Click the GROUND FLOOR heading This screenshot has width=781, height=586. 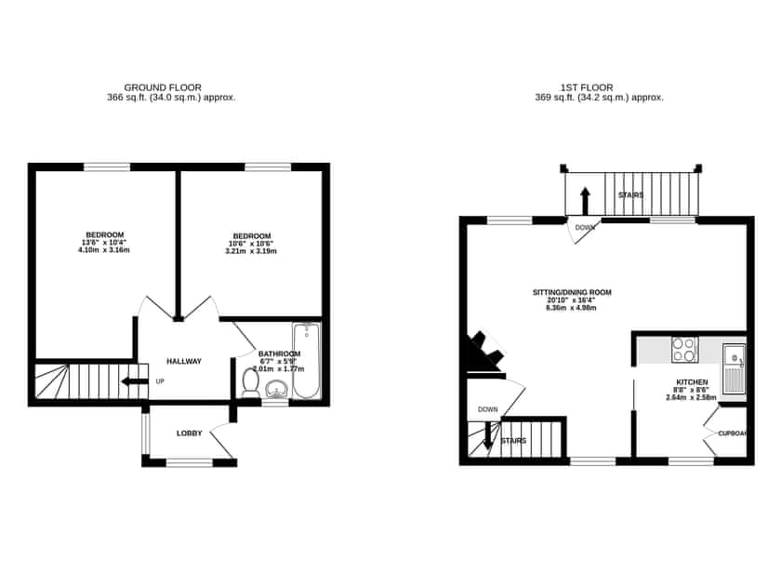[163, 87]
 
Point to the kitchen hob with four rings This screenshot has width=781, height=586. [685, 349]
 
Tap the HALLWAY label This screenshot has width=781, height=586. [184, 361]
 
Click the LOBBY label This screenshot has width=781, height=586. [190, 433]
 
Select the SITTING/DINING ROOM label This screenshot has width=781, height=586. [572, 292]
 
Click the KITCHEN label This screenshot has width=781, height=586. [692, 382]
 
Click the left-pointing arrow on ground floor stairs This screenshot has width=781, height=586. [135, 380]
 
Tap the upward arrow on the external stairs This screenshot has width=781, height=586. [585, 200]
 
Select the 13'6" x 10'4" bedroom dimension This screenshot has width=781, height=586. [104, 243]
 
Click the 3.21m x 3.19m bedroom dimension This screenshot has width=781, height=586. [252, 251]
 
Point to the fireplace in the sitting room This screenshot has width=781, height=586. [484, 353]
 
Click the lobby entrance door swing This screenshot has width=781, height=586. [222, 437]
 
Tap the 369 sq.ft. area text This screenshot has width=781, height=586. [599, 97]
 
